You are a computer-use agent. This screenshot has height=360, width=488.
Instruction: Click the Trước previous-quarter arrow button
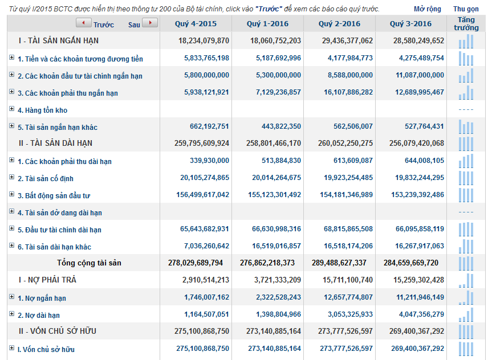click(x=83, y=23)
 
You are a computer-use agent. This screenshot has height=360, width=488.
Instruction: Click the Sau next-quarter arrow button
click(x=150, y=23)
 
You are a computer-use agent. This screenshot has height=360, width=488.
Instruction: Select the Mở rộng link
click(x=427, y=9)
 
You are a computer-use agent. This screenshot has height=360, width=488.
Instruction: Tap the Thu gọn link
click(x=466, y=9)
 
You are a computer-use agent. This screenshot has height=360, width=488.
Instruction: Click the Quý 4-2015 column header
click(x=196, y=24)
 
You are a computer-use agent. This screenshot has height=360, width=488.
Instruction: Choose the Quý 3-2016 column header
click(x=410, y=24)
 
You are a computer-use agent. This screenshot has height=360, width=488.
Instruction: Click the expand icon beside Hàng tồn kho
click(x=11, y=109)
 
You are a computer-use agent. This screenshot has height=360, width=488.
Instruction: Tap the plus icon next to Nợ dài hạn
click(x=11, y=314)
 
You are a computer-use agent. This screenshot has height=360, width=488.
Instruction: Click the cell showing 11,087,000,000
click(x=414, y=75)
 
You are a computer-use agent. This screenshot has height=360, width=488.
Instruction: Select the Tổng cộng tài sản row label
click(x=89, y=263)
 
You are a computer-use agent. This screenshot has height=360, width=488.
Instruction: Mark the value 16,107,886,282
click(x=343, y=92)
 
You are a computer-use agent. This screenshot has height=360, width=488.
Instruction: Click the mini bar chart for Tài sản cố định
click(x=466, y=178)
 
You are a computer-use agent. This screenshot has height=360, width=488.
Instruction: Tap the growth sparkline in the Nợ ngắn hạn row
click(x=466, y=297)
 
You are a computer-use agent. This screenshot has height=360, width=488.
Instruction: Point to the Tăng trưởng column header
click(x=466, y=24)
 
